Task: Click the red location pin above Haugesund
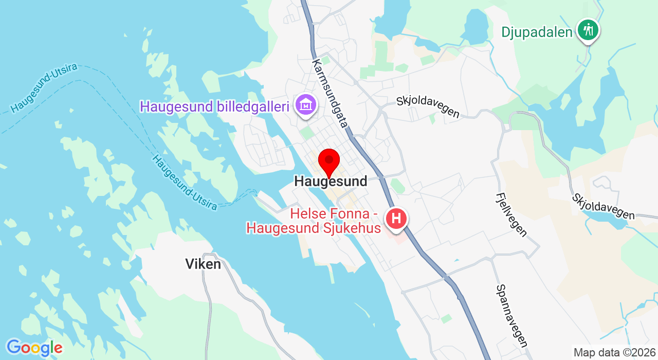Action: pyautogui.click(x=329, y=161)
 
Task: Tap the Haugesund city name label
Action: pyautogui.click(x=331, y=181)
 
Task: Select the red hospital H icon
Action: pyautogui.click(x=396, y=219)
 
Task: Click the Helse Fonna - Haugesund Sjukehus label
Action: pyautogui.click(x=314, y=221)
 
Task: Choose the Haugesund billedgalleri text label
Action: pyautogui.click(x=214, y=107)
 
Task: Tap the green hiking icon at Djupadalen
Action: pyautogui.click(x=588, y=30)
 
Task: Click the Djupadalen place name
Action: pyautogui.click(x=537, y=32)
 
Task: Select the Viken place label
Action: pyautogui.click(x=203, y=264)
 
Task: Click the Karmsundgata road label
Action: pyautogui.click(x=330, y=93)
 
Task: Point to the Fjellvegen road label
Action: pyautogui.click(x=511, y=214)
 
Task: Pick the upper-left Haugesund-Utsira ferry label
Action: pyautogui.click(x=44, y=88)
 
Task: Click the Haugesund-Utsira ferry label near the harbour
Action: pyautogui.click(x=184, y=183)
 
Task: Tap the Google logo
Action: pyautogui.click(x=34, y=348)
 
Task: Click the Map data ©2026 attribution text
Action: pyautogui.click(x=614, y=353)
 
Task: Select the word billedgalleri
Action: pyautogui.click(x=252, y=107)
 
